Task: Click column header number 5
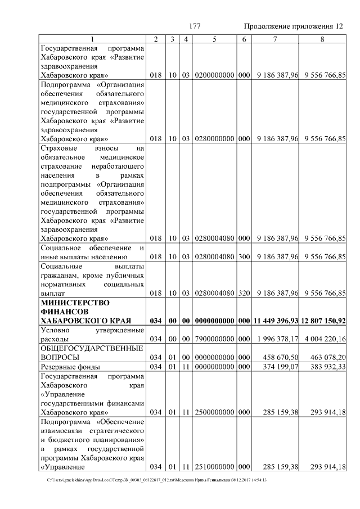tap(215, 39)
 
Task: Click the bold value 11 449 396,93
tap(276, 321)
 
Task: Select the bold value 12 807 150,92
tap(323, 321)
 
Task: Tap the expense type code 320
tap(244, 293)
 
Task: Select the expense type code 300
tap(244, 257)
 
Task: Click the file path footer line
tap(157, 480)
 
